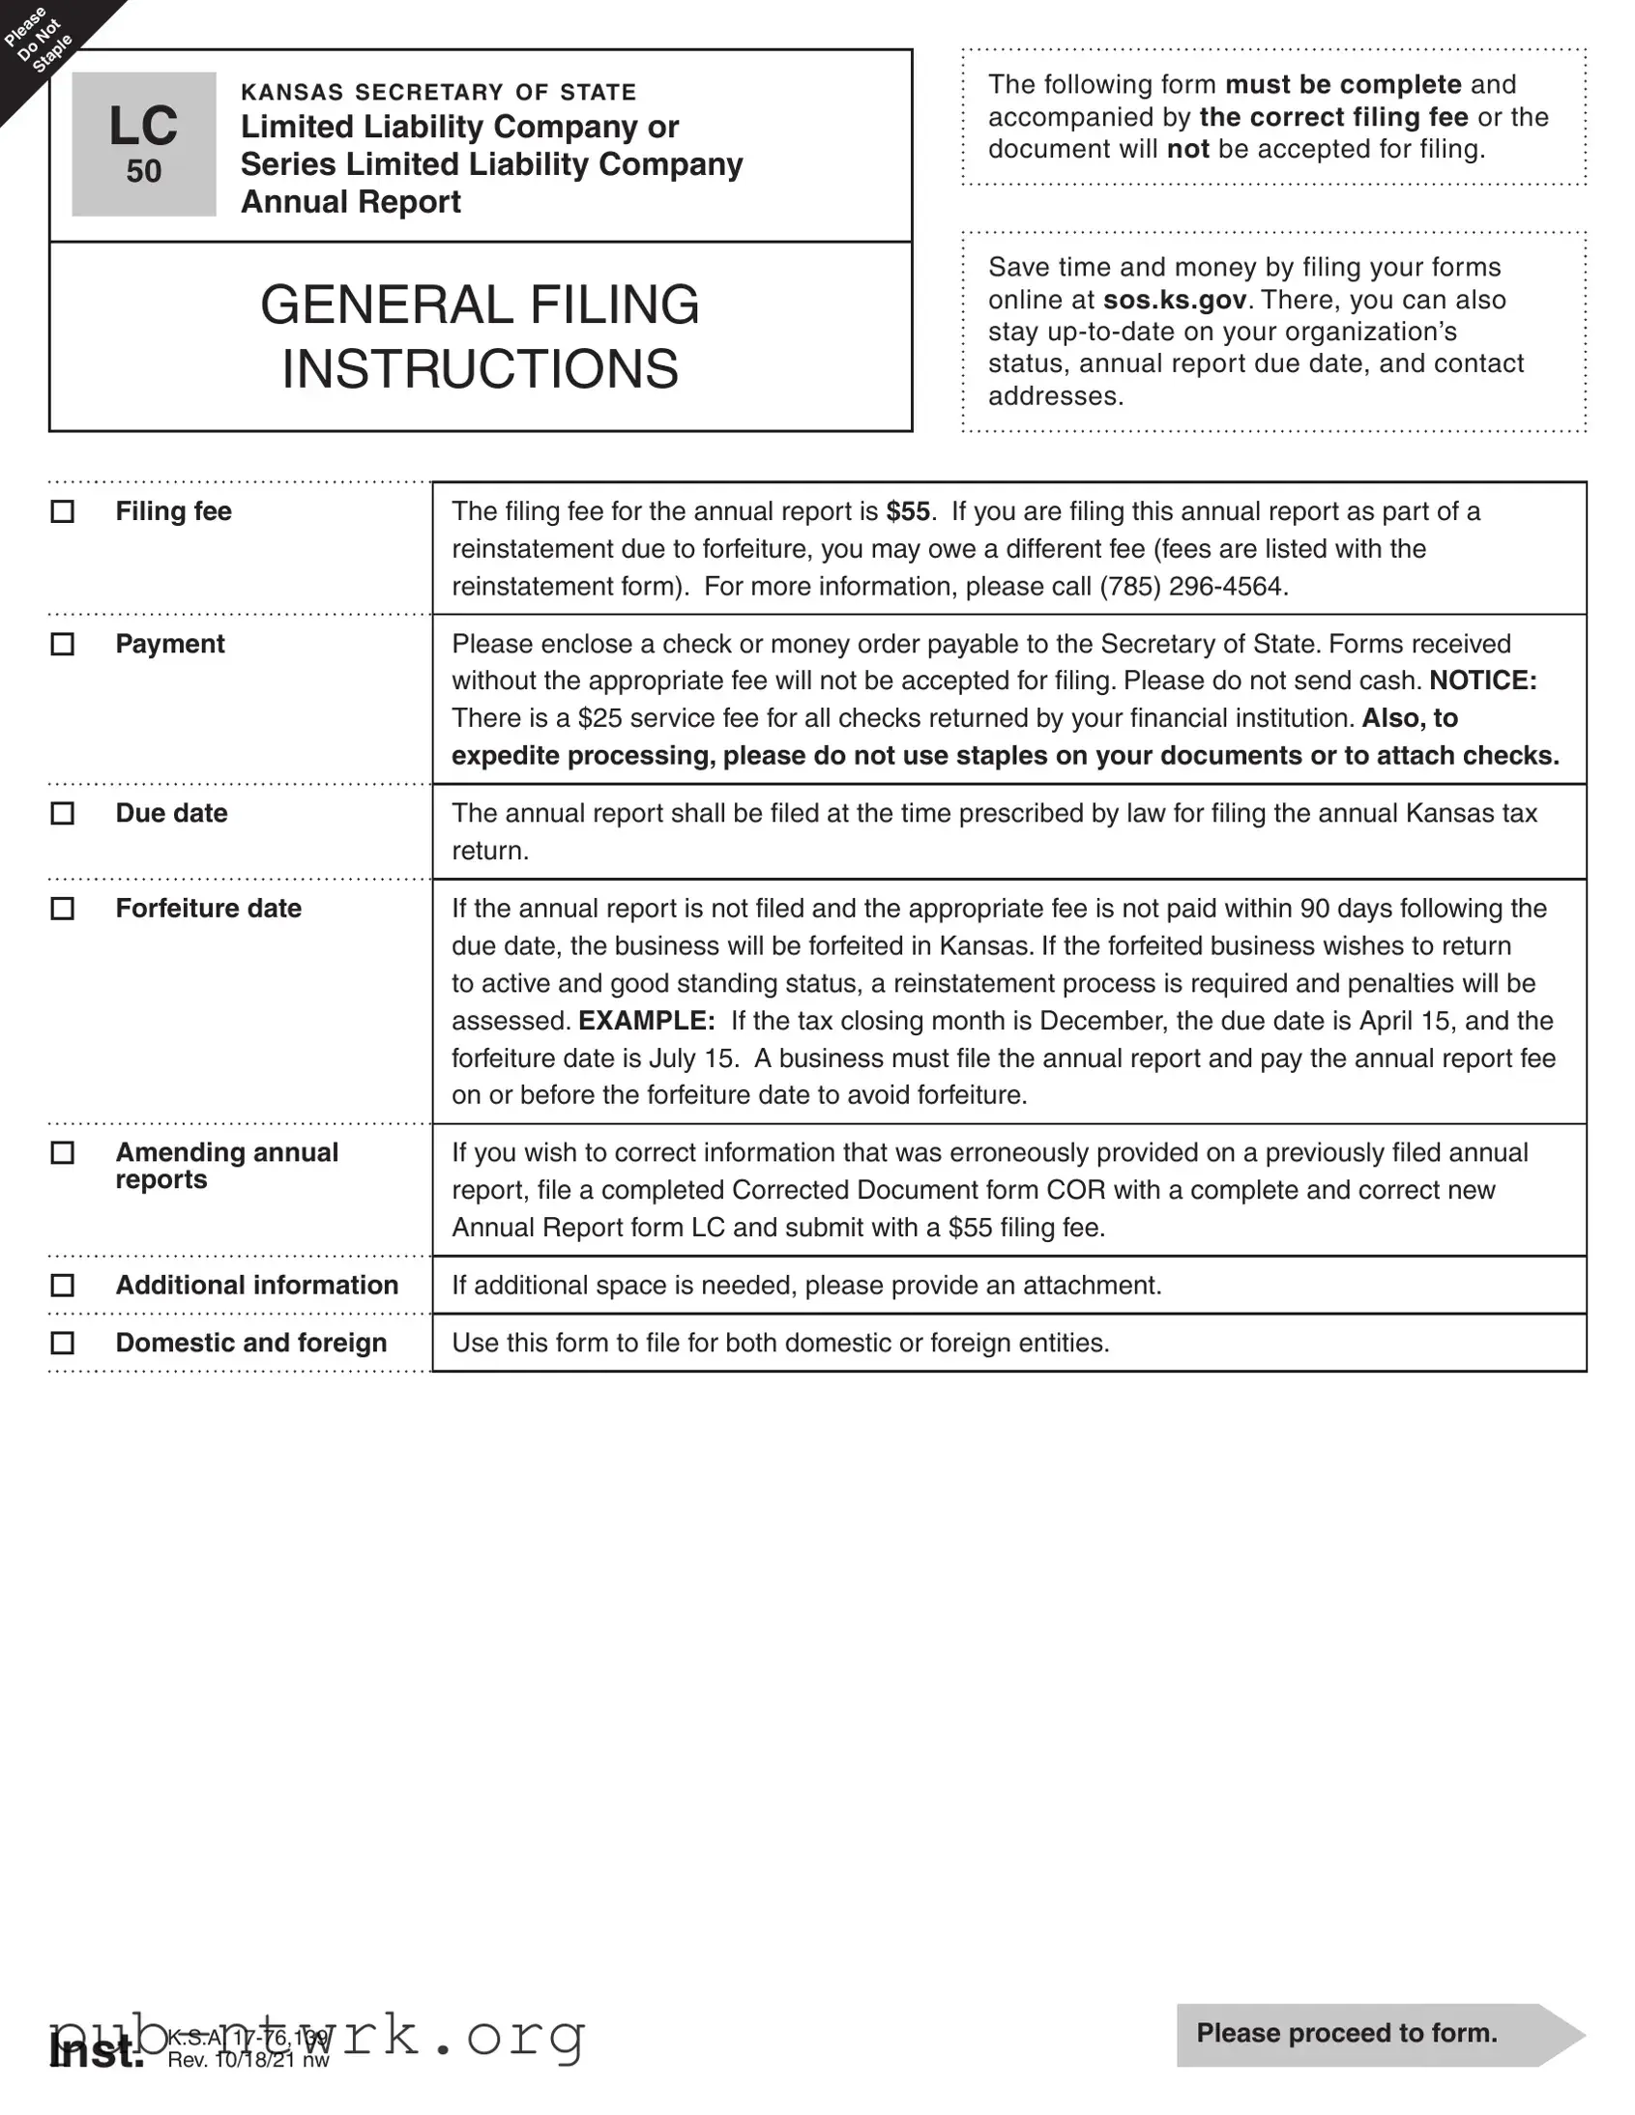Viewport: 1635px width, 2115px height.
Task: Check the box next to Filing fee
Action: click(x=62, y=511)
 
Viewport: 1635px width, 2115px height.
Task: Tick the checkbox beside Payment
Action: click(x=62, y=644)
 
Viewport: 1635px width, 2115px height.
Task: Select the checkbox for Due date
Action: click(x=62, y=814)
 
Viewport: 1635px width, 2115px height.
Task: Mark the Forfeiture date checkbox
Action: click(x=62, y=909)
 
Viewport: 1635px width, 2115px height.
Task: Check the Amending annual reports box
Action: click(x=62, y=1152)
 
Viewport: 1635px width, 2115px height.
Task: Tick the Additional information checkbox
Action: click(x=62, y=1285)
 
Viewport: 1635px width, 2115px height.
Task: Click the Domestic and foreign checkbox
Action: click(x=62, y=1344)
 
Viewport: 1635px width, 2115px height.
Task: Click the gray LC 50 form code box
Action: click(x=143, y=144)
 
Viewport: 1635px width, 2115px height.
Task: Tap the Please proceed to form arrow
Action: click(x=1376, y=2033)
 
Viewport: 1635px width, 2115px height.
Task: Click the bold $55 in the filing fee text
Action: click(x=908, y=511)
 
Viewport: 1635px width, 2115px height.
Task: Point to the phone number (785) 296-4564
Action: click(x=1192, y=587)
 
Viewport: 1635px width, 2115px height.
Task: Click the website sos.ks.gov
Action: click(x=1174, y=300)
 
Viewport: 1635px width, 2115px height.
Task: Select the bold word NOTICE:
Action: click(x=1482, y=681)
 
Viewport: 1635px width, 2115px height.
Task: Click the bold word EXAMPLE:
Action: click(x=646, y=1021)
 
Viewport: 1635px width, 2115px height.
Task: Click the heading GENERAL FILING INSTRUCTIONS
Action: click(x=480, y=336)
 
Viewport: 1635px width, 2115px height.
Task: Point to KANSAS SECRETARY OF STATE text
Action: click(x=438, y=92)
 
